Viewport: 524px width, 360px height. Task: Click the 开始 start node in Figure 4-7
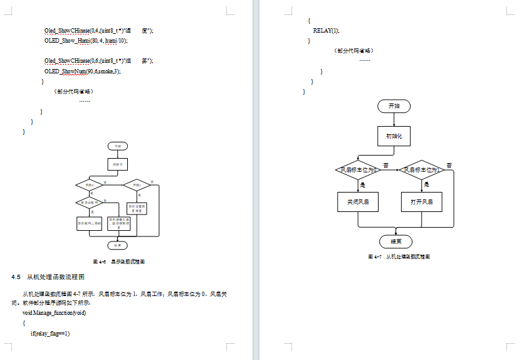tap(394, 106)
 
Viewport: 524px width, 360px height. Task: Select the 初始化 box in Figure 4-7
tap(394, 135)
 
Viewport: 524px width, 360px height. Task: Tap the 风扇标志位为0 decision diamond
tap(358, 170)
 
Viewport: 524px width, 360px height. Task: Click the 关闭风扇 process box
tap(358, 203)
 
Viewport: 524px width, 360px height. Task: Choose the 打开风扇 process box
tap(421, 203)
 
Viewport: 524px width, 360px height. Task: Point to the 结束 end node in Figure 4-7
tap(396, 241)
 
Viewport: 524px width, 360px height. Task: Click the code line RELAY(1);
tap(326, 30)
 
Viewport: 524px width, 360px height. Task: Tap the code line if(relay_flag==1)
tap(50, 333)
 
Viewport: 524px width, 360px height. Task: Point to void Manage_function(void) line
tap(54, 312)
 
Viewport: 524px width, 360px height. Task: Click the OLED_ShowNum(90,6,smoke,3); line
tap(82, 71)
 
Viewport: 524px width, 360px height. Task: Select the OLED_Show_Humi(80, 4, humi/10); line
tap(86, 40)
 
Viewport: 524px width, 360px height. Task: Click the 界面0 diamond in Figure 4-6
tap(89, 185)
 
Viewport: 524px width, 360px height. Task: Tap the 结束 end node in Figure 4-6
tap(117, 245)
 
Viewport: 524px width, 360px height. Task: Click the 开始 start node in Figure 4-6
tap(117, 146)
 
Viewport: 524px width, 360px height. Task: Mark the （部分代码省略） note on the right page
tap(355, 51)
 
